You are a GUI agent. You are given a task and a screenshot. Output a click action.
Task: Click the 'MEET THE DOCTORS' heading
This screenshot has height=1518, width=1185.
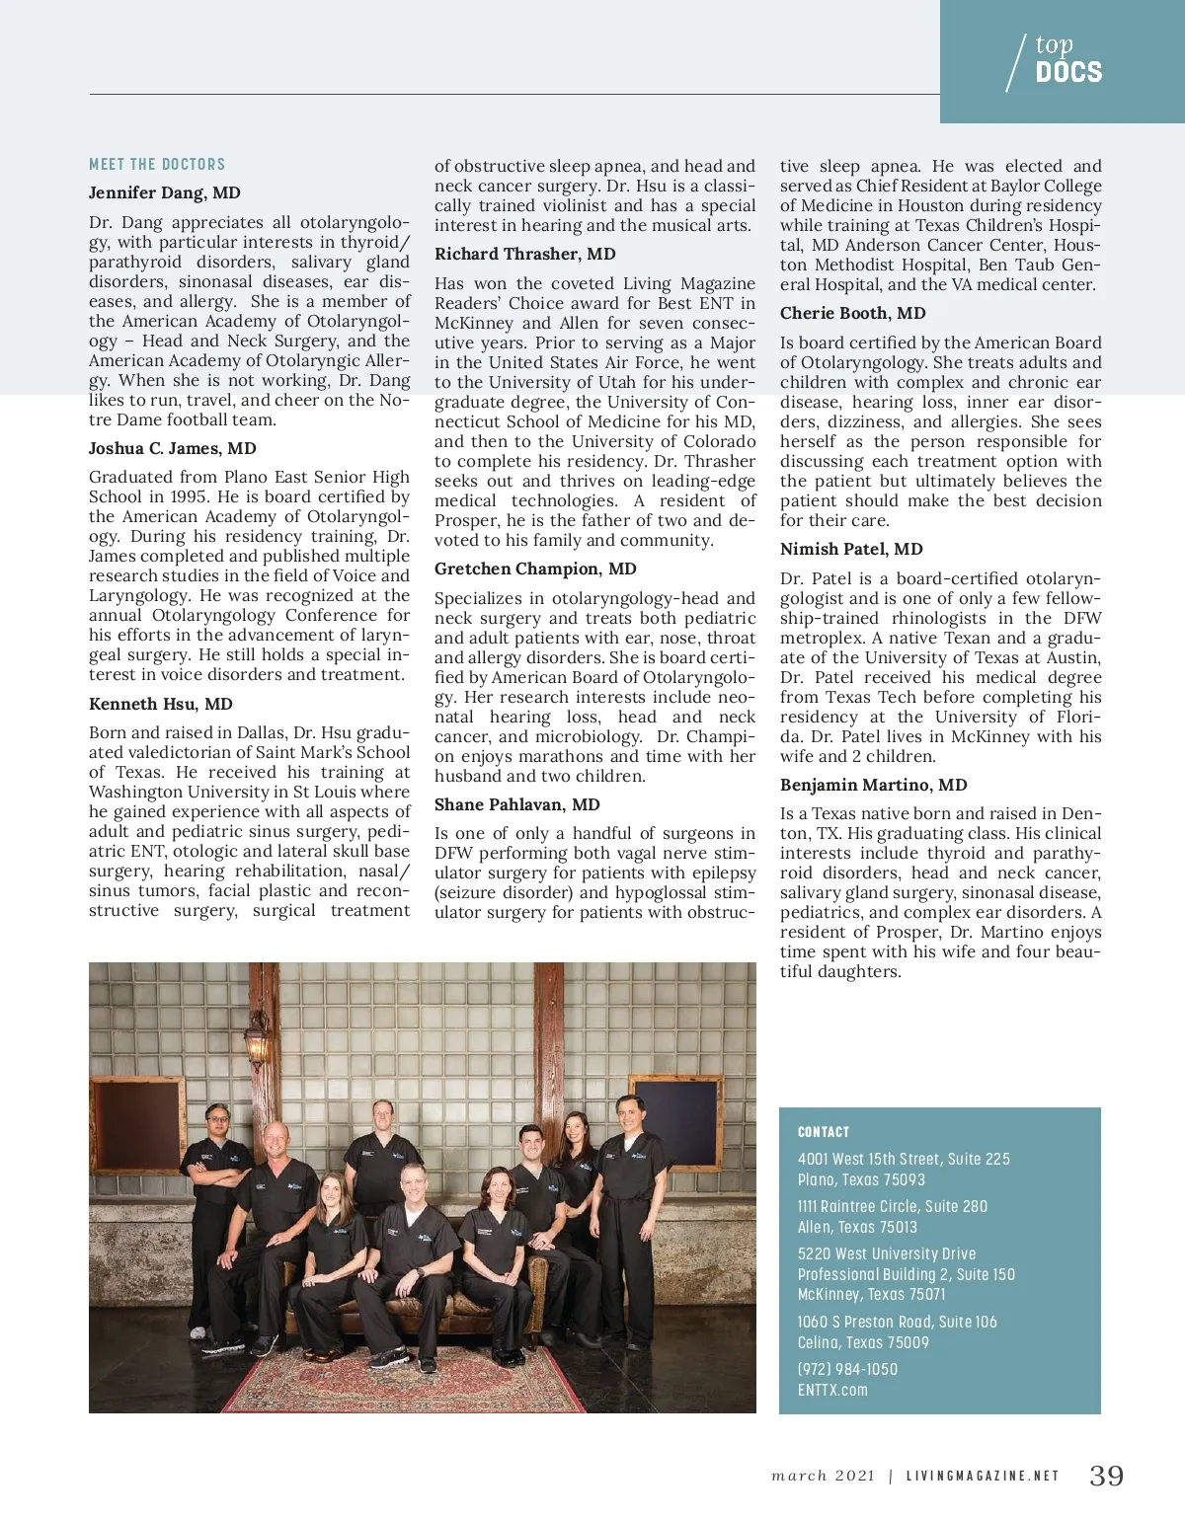click(157, 165)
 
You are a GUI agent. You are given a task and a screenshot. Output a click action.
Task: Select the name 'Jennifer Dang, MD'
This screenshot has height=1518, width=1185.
click(165, 193)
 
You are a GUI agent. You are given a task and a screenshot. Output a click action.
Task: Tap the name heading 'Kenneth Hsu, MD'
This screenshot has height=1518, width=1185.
click(161, 704)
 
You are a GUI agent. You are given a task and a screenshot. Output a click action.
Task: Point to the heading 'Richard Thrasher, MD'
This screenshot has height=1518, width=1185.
click(525, 254)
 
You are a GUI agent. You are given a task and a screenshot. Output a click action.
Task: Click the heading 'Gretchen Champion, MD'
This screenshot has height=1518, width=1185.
click(535, 569)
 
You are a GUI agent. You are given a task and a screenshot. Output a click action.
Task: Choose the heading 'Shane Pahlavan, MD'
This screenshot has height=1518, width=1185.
click(517, 804)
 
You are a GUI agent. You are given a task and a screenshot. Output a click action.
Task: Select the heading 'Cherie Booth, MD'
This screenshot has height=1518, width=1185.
click(853, 313)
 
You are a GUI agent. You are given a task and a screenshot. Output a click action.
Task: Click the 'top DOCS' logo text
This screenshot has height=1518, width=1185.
click(1067, 60)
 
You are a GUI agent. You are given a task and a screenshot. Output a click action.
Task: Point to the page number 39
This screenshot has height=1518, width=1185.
click(1107, 1476)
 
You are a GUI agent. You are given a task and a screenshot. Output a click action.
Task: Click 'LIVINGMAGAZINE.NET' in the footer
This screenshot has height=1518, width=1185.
click(983, 1477)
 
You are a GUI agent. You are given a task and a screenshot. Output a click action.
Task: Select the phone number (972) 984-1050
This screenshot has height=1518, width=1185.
click(847, 1369)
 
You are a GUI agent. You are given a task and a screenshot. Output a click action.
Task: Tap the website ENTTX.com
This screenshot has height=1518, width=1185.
click(832, 1390)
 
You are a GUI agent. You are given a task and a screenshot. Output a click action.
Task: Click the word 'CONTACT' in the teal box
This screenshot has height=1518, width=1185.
click(824, 1132)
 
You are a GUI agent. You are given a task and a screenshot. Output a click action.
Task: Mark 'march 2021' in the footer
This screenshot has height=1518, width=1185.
click(824, 1477)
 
